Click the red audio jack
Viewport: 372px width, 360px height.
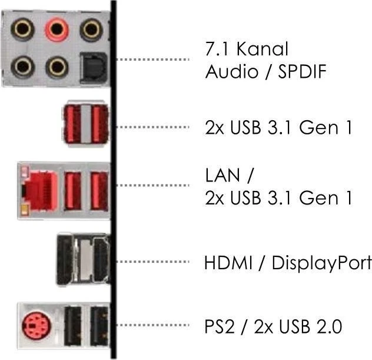click(x=57, y=29)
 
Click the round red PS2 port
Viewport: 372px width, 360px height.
click(x=36, y=325)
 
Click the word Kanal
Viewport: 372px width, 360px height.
click(x=263, y=49)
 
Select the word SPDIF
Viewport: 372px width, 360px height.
click(x=302, y=71)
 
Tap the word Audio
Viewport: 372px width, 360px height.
click(x=232, y=71)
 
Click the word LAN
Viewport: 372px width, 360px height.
click(x=222, y=175)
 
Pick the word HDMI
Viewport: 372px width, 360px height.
click(x=228, y=262)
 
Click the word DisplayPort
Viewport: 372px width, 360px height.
click(x=322, y=263)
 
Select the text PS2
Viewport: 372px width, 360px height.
click(x=219, y=326)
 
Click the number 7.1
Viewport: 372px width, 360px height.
click(x=217, y=49)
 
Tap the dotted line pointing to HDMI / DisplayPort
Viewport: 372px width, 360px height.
click(x=153, y=262)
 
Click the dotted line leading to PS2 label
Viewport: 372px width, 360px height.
click(x=153, y=325)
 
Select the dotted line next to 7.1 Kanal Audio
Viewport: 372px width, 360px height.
click(x=153, y=60)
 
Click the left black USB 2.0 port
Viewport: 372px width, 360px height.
click(x=72, y=326)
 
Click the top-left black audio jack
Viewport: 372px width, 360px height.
click(x=22, y=29)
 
